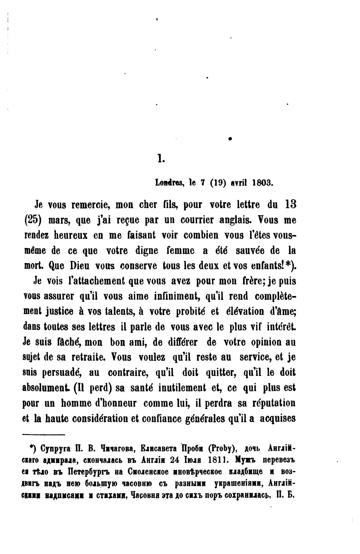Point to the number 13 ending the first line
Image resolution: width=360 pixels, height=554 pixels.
coord(290,204)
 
